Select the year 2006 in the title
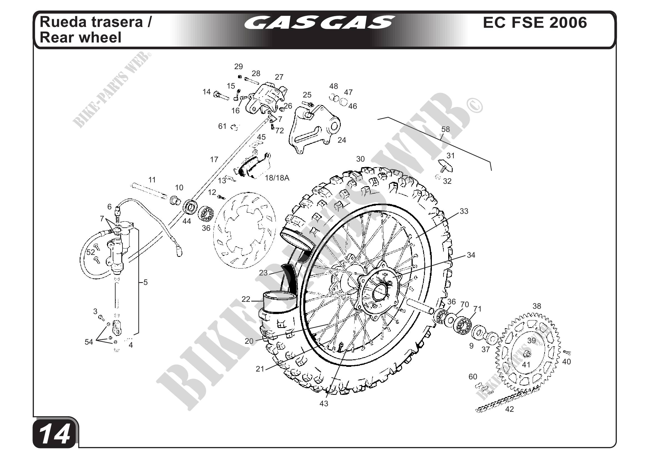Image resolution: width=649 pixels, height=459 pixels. pyautogui.click(x=568, y=22)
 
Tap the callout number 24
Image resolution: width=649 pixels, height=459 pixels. pyautogui.click(x=342, y=140)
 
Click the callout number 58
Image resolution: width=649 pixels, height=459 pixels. pyautogui.click(x=445, y=129)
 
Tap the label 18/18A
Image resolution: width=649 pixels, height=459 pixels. pyautogui.click(x=277, y=178)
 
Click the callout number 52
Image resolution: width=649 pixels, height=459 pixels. pyautogui.click(x=91, y=252)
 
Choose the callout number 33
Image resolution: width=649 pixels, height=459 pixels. pyautogui.click(x=464, y=211)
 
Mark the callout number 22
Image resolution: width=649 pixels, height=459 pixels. pyautogui.click(x=246, y=299)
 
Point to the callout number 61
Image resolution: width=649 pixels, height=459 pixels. pyautogui.click(x=222, y=126)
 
